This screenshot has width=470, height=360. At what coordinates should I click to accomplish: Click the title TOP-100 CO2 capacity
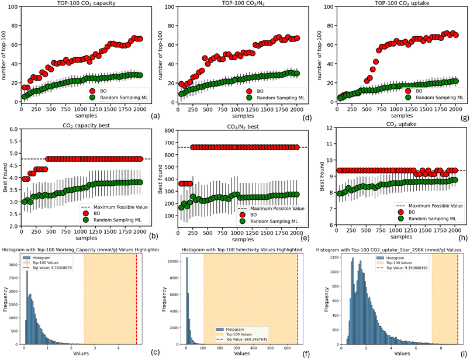point(85,4)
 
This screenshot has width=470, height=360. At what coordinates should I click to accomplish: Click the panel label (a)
point(155,116)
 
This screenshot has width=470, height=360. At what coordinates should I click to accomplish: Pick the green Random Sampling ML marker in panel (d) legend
point(247,99)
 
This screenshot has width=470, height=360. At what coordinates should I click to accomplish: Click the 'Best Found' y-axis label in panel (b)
point(5,178)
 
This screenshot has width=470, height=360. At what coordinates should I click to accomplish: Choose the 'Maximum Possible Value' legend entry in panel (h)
point(432,206)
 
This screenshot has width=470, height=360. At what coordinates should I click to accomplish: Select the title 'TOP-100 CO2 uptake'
point(395,4)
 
